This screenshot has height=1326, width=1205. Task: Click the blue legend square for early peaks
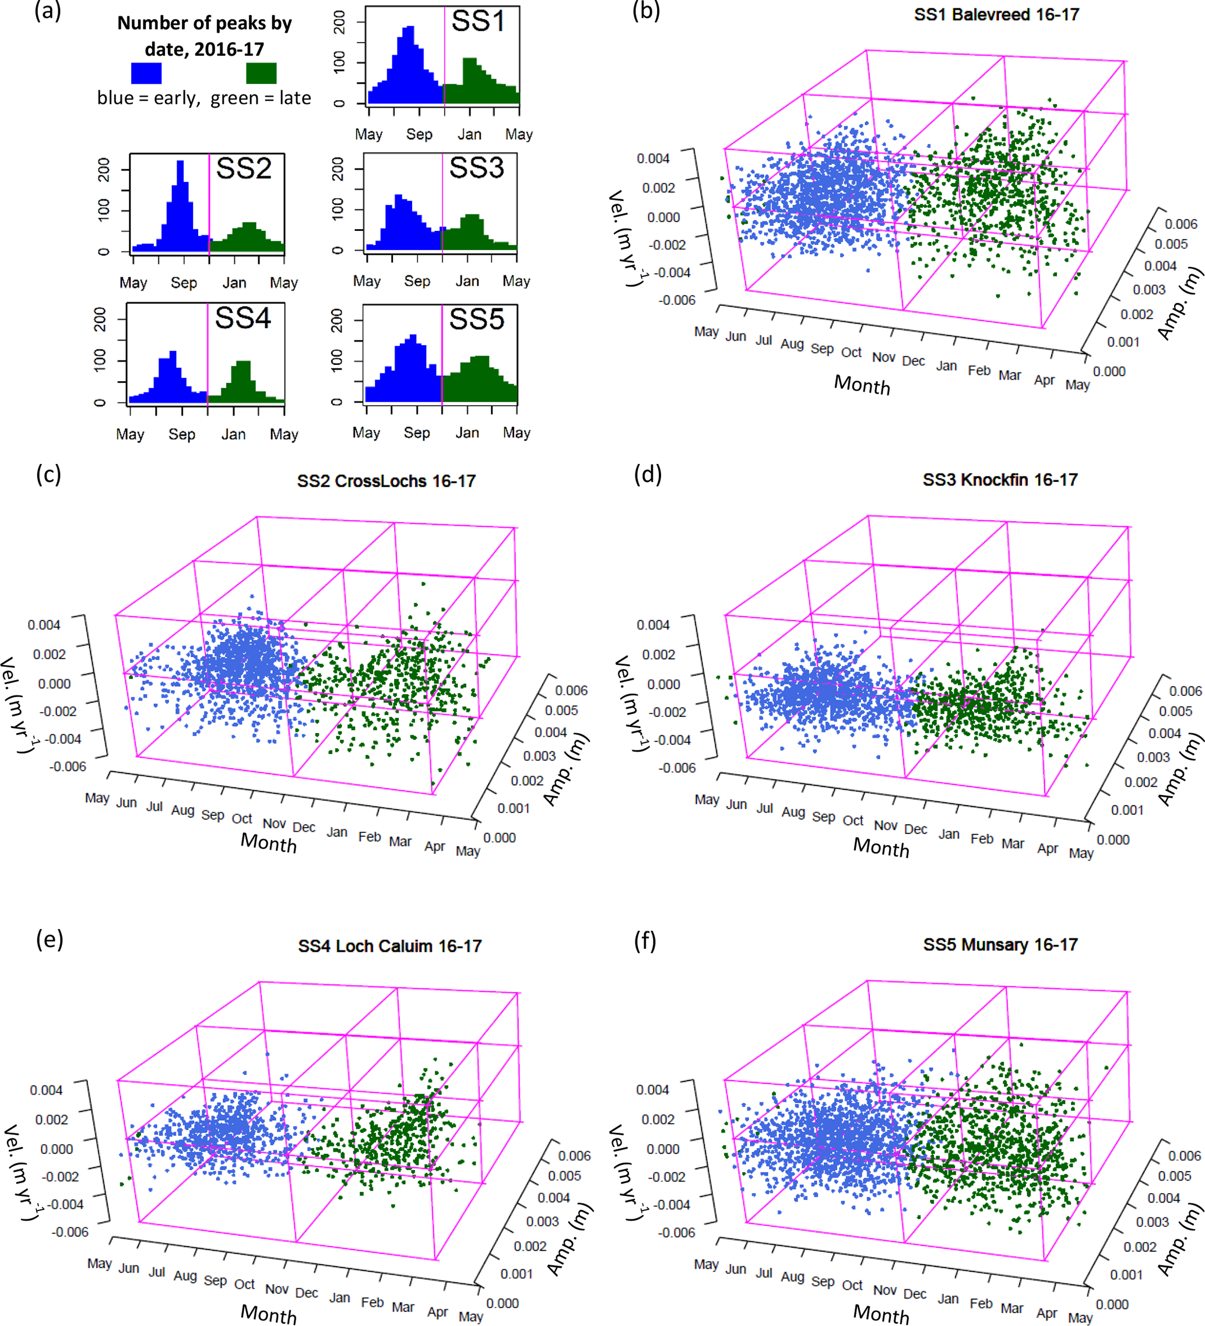click(146, 73)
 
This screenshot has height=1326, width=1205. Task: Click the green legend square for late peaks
click(261, 73)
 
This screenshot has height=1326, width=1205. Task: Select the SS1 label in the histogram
click(478, 22)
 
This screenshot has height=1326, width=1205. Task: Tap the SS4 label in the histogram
click(243, 318)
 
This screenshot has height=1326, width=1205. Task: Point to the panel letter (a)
click(47, 11)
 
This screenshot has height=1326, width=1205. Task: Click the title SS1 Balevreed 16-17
click(996, 15)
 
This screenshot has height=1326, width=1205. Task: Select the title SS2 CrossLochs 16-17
click(386, 481)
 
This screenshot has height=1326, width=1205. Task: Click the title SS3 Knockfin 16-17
click(1000, 480)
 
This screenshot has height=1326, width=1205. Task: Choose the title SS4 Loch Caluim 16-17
click(389, 946)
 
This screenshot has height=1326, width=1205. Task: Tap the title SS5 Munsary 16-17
click(1000, 944)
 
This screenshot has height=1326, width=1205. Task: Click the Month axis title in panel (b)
click(862, 384)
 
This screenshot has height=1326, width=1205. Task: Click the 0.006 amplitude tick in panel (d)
click(1185, 691)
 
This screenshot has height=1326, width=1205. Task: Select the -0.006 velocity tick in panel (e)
click(70, 1231)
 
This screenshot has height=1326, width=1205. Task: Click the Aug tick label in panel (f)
click(793, 1276)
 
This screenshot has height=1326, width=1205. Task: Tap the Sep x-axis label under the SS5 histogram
click(416, 433)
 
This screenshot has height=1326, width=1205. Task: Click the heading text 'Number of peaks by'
click(205, 23)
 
